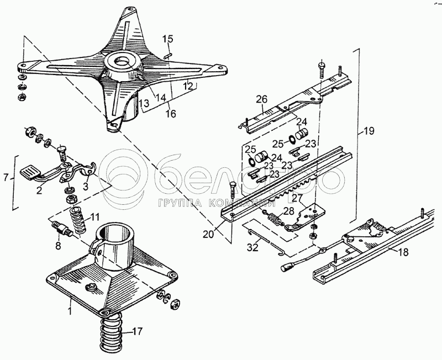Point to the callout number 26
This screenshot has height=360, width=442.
[261, 99]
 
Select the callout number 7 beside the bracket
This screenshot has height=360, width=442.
[6, 177]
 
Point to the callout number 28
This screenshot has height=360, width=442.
[288, 211]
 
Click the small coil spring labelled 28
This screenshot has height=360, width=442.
[275, 219]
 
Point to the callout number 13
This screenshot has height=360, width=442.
[143, 103]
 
